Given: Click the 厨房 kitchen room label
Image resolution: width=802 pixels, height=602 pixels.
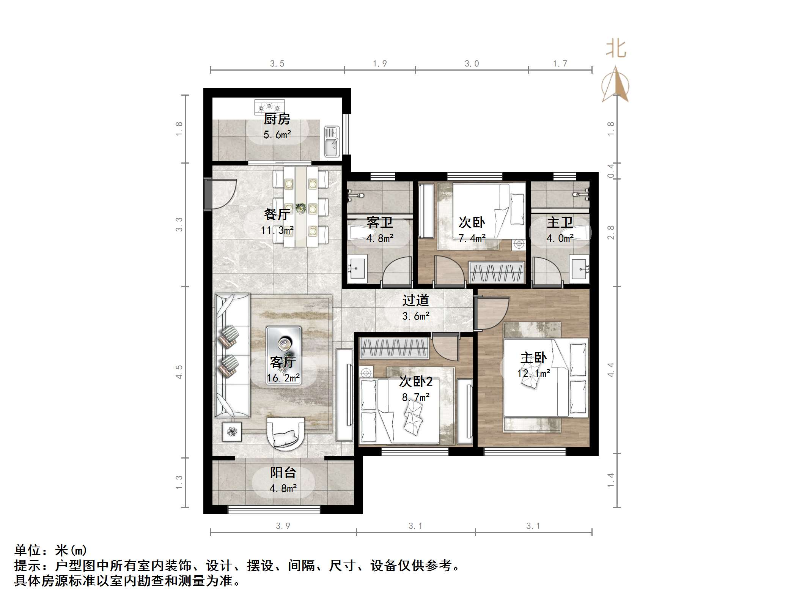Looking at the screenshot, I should [x=277, y=119].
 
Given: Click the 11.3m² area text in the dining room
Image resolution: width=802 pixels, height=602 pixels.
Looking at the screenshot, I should [x=277, y=230].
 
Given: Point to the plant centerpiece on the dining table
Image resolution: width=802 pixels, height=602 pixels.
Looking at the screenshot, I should [x=301, y=208].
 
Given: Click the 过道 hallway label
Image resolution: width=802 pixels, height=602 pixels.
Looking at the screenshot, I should [x=415, y=301].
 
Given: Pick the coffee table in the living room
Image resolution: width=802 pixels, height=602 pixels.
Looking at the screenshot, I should [x=284, y=355].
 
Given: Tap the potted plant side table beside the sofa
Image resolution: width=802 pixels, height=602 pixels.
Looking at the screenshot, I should [x=231, y=432].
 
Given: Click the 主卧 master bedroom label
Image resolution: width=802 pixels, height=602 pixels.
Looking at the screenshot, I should [x=533, y=358].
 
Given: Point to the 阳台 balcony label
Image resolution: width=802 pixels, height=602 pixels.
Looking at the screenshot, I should [x=283, y=473].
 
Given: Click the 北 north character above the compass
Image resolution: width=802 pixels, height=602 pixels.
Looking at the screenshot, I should [x=616, y=49].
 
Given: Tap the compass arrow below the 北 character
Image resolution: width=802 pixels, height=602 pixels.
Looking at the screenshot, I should [x=616, y=85].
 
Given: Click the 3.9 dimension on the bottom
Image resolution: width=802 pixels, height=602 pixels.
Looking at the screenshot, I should [x=283, y=526].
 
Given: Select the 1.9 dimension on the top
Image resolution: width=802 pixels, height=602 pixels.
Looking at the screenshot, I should [x=379, y=64].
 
